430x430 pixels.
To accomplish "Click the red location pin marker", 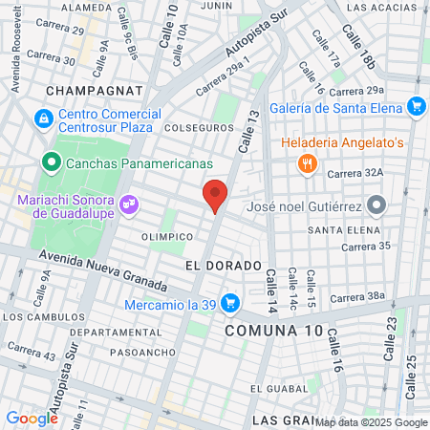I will (216, 195).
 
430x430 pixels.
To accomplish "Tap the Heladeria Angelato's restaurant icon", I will (307, 163).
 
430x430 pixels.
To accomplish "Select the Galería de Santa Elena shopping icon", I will (415, 106).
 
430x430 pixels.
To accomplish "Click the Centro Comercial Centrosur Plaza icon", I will (42, 119).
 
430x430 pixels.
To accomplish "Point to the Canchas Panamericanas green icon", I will (49, 161).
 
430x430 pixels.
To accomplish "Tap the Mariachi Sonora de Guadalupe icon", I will (129, 204).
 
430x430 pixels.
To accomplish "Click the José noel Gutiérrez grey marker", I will (376, 204).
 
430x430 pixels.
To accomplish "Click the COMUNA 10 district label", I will (274, 330).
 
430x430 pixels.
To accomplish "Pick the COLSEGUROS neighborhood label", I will (200, 125).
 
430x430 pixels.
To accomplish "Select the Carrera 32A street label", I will (355, 173).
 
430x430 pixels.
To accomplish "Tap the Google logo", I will (32, 418).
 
